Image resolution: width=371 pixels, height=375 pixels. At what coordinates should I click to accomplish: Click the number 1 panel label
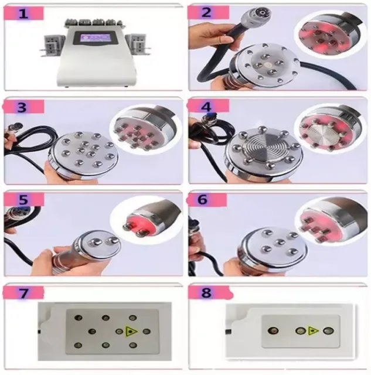click(23, 13)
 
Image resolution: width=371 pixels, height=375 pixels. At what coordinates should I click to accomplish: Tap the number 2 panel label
click(206, 12)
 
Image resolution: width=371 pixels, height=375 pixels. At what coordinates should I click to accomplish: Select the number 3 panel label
click(22, 107)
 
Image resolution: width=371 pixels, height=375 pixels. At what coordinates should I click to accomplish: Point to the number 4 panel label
click(206, 107)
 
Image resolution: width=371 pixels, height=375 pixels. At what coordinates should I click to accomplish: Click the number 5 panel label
click(23, 199)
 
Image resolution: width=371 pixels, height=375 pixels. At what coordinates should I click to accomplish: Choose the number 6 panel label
click(203, 199)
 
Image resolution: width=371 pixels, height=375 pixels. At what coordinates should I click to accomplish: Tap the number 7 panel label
click(23, 293)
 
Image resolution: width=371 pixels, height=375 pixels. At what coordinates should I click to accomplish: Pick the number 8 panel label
click(206, 292)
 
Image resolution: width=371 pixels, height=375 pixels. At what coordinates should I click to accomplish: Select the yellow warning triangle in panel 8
click(313, 331)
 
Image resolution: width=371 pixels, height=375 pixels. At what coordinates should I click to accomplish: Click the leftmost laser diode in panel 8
click(273, 330)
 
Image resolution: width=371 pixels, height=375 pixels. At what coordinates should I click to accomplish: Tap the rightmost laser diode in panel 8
click(328, 330)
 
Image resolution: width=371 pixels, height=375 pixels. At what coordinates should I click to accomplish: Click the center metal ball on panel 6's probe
click(279, 242)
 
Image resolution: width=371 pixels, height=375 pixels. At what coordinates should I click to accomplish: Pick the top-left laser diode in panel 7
click(78, 318)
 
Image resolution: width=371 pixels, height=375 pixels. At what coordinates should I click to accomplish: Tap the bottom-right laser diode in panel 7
click(133, 345)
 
